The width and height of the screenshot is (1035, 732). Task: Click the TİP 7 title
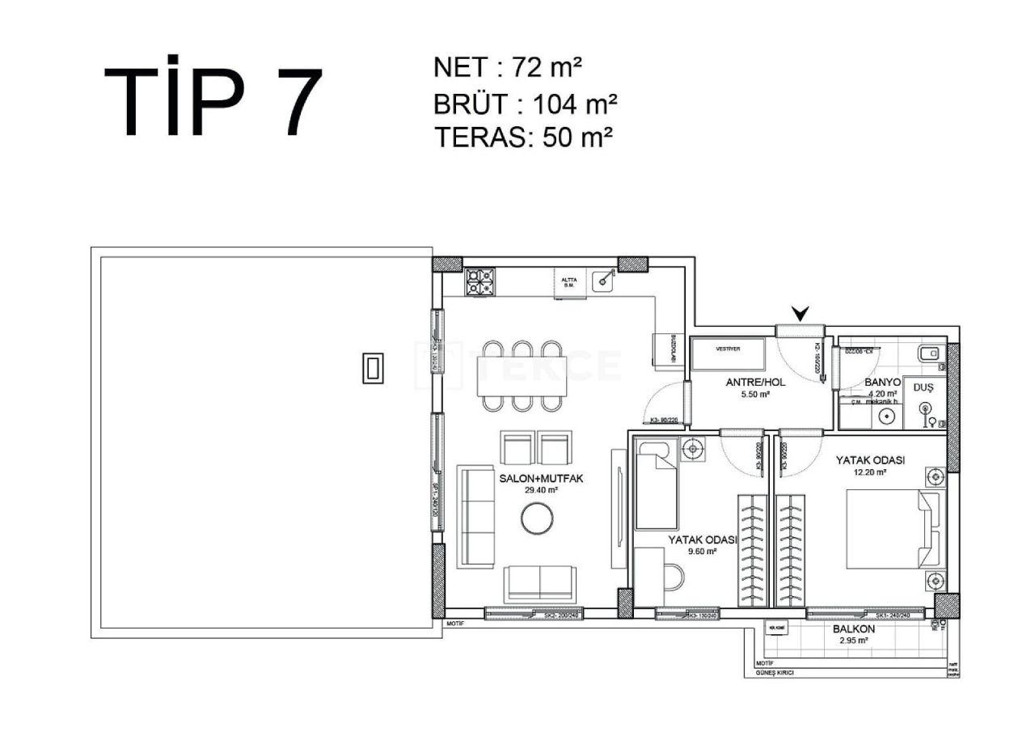(213, 101)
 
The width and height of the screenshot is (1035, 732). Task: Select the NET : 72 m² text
(508, 68)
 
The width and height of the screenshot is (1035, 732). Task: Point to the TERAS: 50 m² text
(522, 137)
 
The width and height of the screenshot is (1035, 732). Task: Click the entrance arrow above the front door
(801, 313)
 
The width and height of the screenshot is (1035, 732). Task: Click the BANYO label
(882, 382)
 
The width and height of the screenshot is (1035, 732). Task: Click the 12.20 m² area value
(869, 472)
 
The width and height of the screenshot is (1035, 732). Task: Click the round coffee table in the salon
(537, 518)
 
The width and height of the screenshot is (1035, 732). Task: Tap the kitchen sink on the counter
(603, 281)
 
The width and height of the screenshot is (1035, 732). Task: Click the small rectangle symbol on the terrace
(373, 368)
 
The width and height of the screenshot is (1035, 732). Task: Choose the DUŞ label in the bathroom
(923, 387)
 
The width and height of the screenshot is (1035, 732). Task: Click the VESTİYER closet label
(729, 349)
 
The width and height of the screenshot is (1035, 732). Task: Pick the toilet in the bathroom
(930, 352)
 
